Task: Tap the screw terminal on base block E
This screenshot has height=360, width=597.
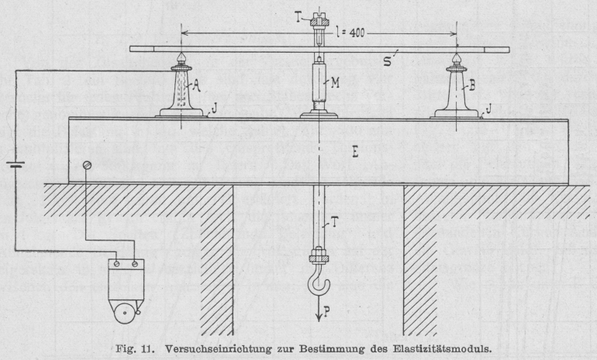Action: point(88,164)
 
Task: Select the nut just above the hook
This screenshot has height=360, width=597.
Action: point(317,254)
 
